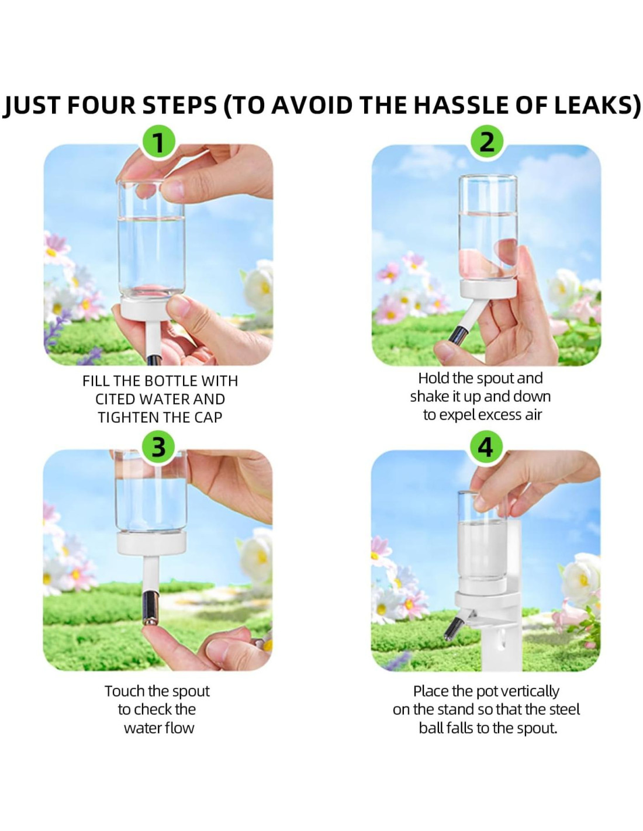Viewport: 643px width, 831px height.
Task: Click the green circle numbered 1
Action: click(158, 143)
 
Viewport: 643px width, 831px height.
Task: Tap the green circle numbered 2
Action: click(486, 142)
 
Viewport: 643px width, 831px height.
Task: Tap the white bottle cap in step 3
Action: click(152, 543)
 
